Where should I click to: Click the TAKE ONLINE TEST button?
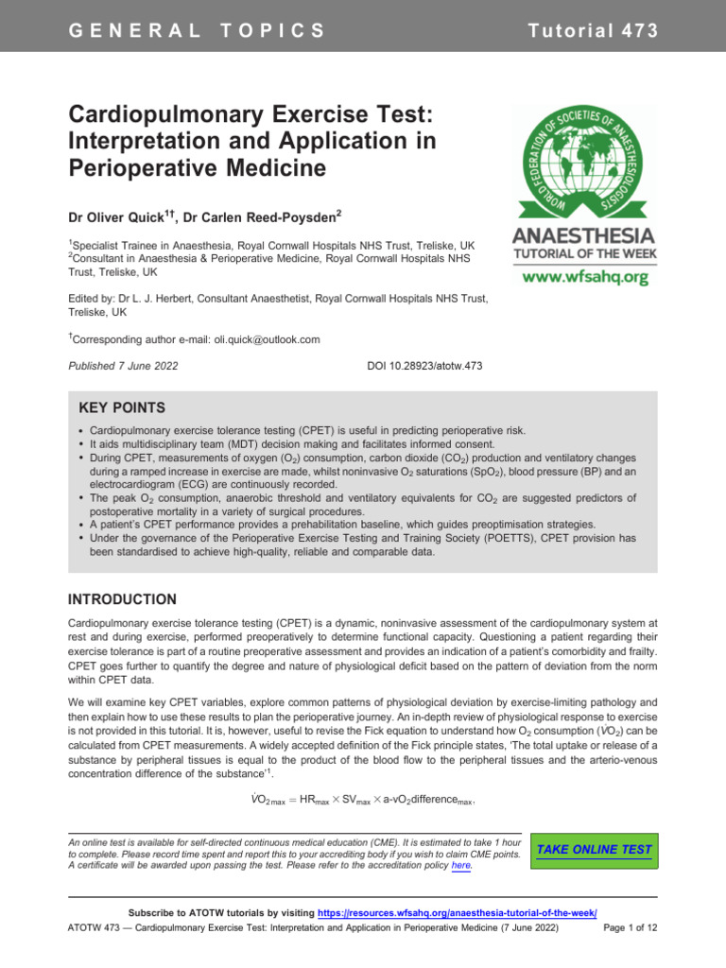tap(594, 850)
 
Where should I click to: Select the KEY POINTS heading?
tap(122, 408)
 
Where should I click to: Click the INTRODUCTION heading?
tap(123, 599)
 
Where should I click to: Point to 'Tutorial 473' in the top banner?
tap(593, 29)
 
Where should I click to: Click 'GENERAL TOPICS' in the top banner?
tap(197, 29)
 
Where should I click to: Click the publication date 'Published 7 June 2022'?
tap(124, 365)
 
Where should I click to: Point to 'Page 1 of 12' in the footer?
tap(630, 929)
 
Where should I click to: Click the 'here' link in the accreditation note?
tap(461, 866)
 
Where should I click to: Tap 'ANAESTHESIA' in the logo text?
tap(582, 233)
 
